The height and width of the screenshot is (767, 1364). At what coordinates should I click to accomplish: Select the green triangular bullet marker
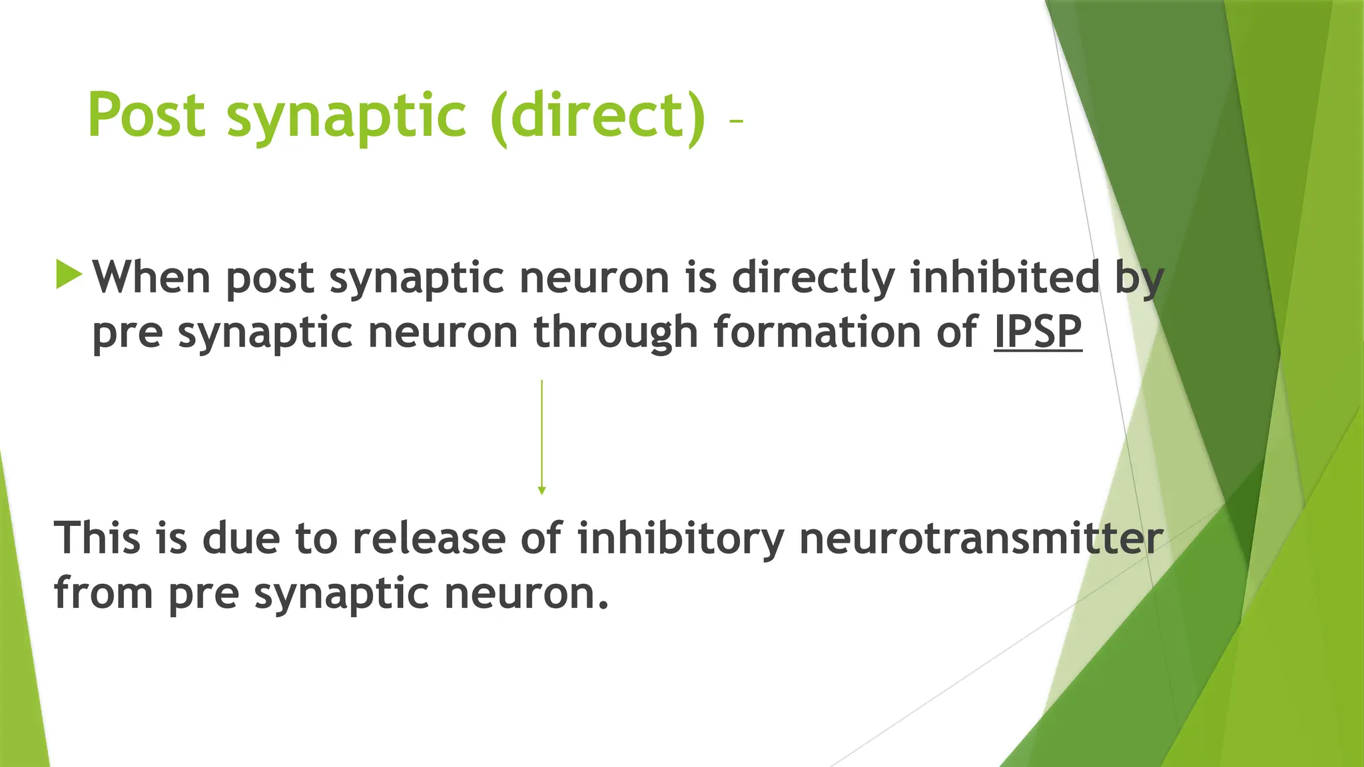coord(69,274)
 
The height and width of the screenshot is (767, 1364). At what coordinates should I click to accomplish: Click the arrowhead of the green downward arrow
coord(541,491)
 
